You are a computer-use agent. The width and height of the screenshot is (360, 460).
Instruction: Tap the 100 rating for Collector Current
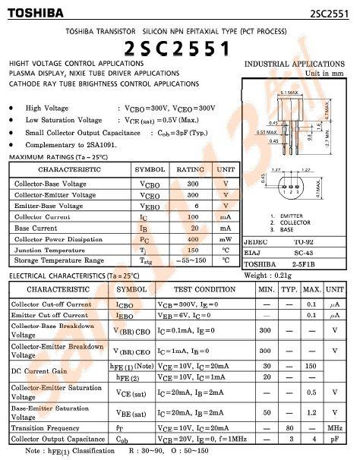tap(193, 216)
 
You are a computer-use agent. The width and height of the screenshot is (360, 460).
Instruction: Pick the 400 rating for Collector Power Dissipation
tap(193, 238)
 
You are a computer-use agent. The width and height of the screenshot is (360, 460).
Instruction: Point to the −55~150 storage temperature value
tap(193, 260)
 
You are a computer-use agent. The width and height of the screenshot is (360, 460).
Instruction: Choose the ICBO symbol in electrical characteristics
tap(125, 304)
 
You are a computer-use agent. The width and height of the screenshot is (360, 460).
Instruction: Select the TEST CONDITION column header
tap(204, 289)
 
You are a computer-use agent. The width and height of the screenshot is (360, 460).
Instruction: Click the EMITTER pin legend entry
tap(291, 216)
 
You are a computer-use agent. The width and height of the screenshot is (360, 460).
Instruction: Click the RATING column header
tap(193, 169)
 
